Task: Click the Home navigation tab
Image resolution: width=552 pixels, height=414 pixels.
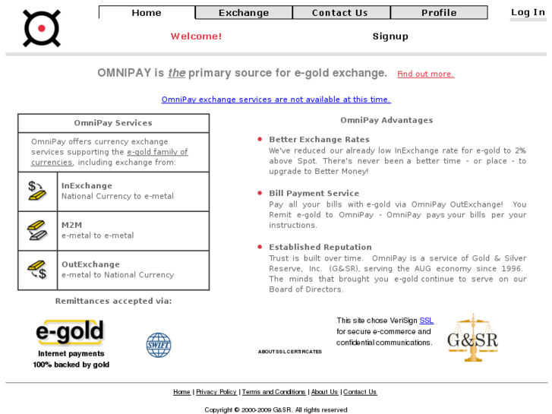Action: point(147,13)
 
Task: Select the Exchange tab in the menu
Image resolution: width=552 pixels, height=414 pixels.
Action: point(244,13)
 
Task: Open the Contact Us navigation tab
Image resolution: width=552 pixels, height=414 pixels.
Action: point(340,13)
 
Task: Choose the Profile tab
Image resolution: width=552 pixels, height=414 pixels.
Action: point(439,13)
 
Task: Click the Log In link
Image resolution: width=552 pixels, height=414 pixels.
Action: point(527,12)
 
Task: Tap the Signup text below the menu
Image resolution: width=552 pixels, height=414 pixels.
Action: point(390,36)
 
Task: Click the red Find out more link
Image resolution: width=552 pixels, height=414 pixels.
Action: point(425,74)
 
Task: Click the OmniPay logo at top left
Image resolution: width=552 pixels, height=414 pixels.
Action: point(41,28)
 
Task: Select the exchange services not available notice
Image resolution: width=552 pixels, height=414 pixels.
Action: point(276,100)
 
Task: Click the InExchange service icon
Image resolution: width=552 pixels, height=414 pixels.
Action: point(37,191)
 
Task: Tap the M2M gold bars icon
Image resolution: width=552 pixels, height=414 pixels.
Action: point(37,230)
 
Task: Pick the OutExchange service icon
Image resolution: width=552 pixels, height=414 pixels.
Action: point(37,270)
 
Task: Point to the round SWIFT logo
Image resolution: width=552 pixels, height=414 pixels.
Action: point(159,345)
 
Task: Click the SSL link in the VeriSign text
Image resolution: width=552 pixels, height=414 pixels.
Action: point(427,321)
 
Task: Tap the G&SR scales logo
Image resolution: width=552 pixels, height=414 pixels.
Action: point(472,338)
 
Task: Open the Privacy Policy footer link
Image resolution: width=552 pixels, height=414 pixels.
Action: point(216,392)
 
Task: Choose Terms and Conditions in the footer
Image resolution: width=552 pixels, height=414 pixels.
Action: point(273,392)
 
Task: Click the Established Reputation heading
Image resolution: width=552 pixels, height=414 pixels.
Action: point(320,248)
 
